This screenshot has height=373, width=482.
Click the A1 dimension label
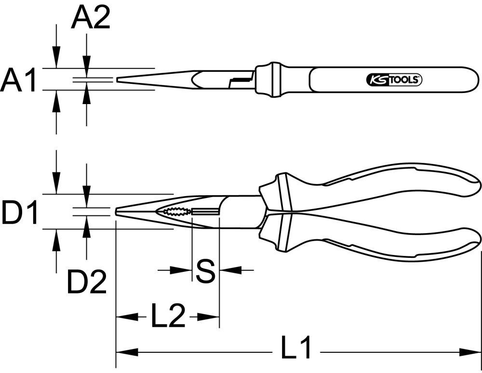[18, 80]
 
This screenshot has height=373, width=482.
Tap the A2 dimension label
[91, 18]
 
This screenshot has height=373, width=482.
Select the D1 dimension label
[19, 213]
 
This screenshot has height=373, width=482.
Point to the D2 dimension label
[86, 282]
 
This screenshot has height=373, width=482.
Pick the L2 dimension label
[168, 317]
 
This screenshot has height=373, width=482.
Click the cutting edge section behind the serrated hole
[205, 212]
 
